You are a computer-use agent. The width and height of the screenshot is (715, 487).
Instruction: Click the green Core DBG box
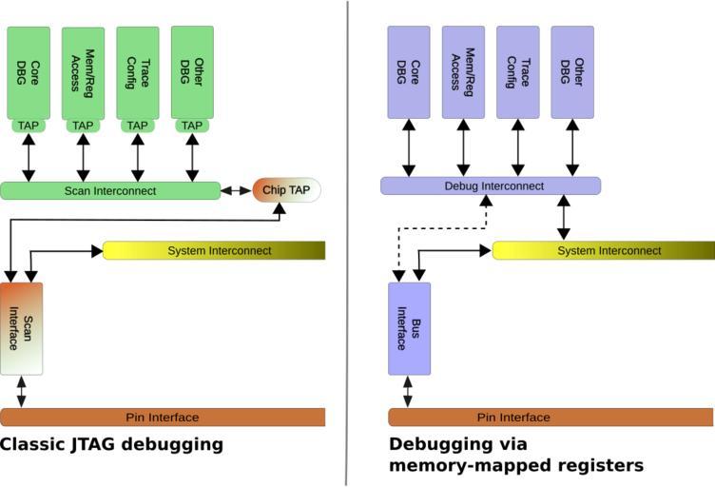pos(29,72)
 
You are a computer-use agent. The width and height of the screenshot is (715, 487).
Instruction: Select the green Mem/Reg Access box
pos(83,72)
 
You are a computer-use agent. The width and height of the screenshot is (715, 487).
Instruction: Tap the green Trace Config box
pos(138,72)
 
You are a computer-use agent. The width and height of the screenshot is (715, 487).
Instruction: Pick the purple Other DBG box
pos(572,72)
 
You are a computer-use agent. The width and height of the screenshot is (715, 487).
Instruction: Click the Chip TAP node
pos(286,190)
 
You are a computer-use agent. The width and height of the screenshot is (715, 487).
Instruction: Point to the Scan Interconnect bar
pos(109,190)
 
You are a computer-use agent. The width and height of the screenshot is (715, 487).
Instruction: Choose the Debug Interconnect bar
pos(491,185)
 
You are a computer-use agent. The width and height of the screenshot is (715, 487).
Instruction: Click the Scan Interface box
pos(22,328)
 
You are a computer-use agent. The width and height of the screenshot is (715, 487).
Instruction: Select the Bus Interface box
pos(409,328)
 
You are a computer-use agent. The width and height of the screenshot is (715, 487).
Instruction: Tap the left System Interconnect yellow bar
pos(214,250)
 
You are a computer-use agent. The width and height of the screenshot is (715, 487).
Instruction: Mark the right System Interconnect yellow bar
pos(603,250)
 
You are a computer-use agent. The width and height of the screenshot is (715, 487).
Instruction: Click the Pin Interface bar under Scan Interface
pos(163,417)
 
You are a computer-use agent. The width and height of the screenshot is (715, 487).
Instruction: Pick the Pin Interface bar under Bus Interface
pos(551,417)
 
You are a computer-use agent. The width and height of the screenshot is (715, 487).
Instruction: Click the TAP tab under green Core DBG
pos(29,126)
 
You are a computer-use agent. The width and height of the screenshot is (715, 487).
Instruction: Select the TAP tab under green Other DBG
pos(192,126)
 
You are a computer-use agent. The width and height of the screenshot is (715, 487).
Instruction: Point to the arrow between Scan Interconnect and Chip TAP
pos(236,190)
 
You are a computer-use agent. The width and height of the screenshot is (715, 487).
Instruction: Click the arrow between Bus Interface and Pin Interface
pos(408,391)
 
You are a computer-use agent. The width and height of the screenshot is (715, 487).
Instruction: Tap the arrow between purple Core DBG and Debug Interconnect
pos(409,147)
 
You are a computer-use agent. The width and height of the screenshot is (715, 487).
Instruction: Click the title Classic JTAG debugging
pos(111,444)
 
